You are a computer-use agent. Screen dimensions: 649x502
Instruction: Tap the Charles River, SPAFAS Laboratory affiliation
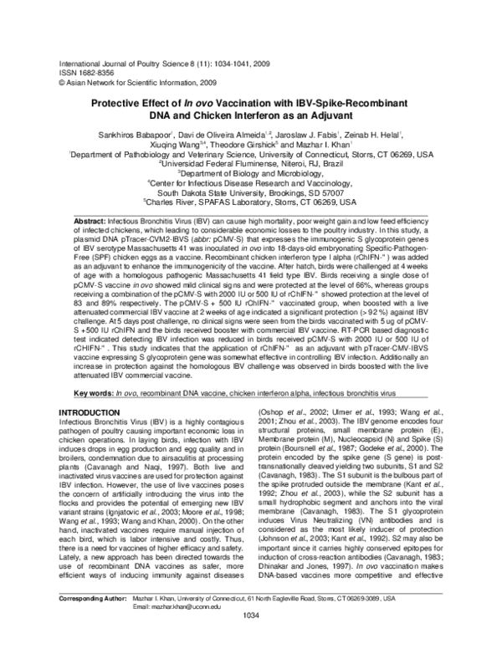[251, 204]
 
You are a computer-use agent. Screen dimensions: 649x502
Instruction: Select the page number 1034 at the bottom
[250, 638]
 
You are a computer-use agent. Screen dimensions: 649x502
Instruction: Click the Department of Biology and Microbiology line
[251, 174]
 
